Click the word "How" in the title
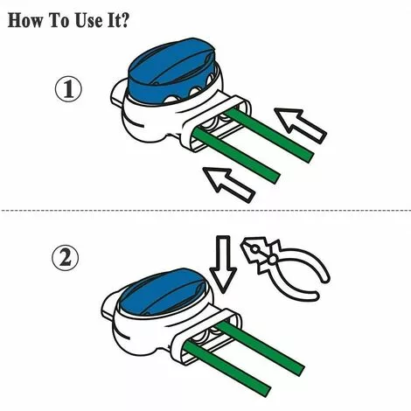pyautogui.click(x=27, y=20)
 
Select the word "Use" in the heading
pyautogui.click(x=98, y=20)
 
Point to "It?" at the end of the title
pyautogui.click(x=131, y=20)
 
